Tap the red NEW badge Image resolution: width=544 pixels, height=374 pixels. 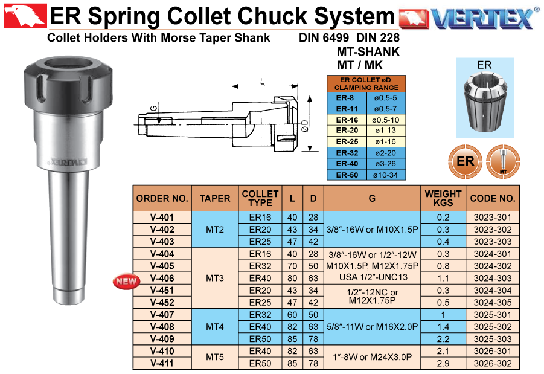point(126,281)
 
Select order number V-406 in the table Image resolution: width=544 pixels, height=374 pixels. point(162,278)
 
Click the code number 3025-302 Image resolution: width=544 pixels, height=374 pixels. point(493,327)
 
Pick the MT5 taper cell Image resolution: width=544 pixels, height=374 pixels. point(215,357)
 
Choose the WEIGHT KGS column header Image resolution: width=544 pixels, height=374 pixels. point(443,198)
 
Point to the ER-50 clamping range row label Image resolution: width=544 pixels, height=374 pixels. point(347,175)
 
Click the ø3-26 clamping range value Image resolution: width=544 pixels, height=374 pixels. point(385,164)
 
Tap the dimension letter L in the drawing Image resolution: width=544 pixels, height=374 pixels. point(262,82)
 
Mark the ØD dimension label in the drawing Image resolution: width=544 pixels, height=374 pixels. point(305,126)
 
